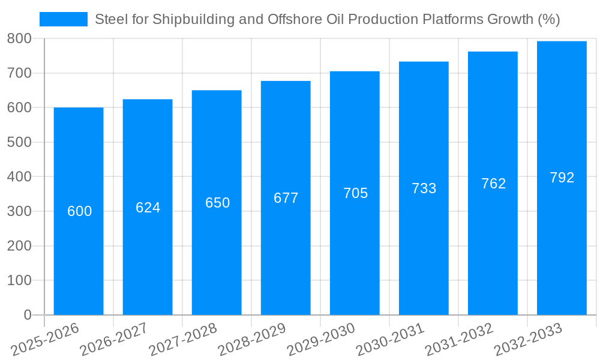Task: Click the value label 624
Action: [x=148, y=208]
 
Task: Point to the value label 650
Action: [x=217, y=203]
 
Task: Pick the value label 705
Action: [x=355, y=193]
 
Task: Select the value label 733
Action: [x=424, y=188]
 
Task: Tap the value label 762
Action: [x=493, y=184]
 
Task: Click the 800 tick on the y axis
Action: [x=19, y=39]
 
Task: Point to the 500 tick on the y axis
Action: [x=19, y=143]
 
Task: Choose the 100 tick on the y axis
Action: [x=19, y=281]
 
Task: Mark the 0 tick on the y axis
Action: [x=27, y=316]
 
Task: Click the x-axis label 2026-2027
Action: [x=114, y=340]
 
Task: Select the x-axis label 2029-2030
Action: [x=321, y=340]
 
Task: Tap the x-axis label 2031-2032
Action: [x=459, y=340]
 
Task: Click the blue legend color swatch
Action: [x=63, y=19]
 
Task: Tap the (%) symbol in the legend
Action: [x=548, y=20]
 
